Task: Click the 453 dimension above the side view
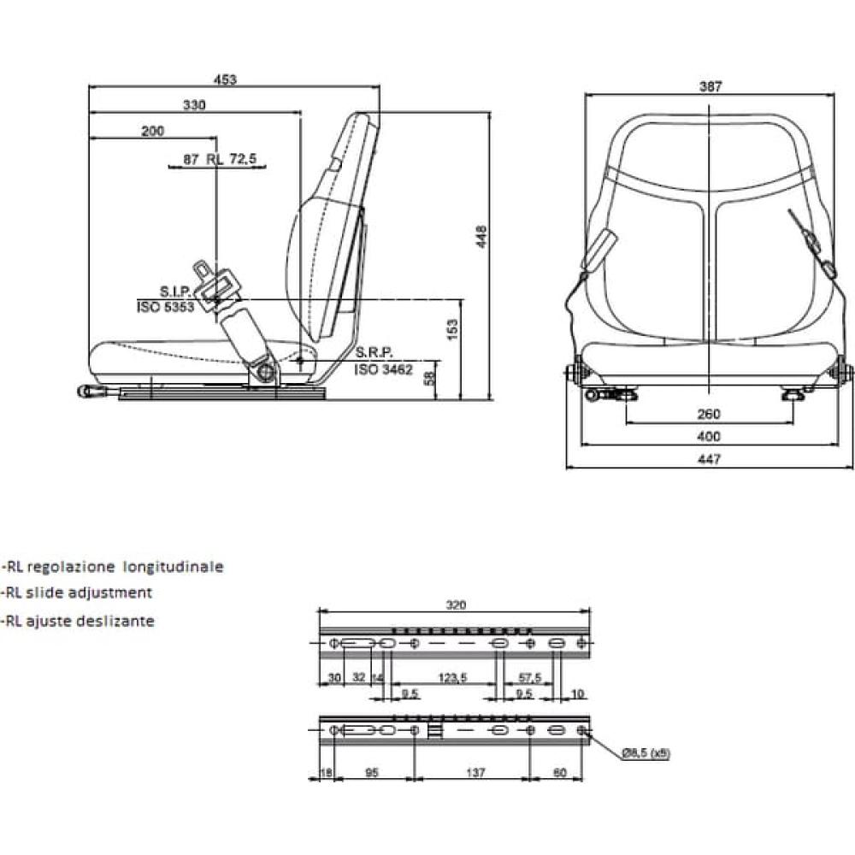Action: point(225,80)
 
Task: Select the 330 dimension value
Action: point(194,104)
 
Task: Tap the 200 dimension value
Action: point(153,131)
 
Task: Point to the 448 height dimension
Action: point(481,236)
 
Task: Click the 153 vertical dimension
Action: point(452,330)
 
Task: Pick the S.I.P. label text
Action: point(175,292)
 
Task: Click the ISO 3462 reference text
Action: point(383,369)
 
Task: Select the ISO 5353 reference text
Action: point(165,307)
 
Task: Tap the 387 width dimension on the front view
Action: point(711,86)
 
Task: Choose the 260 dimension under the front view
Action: point(709,415)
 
